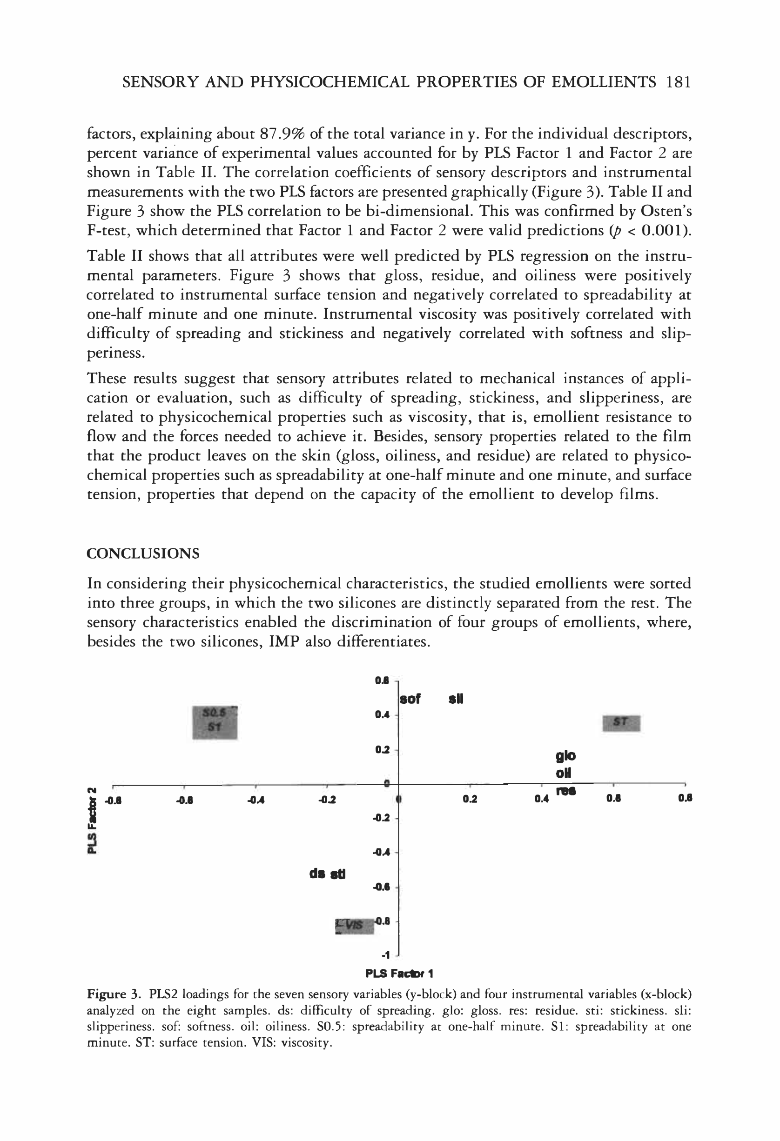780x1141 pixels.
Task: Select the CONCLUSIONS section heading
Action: pos(143,554)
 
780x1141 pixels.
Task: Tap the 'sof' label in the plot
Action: pos(410,699)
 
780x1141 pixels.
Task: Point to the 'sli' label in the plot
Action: pos(456,699)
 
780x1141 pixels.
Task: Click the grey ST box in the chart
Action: pos(621,723)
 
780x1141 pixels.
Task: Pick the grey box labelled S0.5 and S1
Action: pos(215,723)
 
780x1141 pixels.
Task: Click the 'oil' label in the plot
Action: pos(564,773)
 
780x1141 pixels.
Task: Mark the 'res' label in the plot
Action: pos(566,791)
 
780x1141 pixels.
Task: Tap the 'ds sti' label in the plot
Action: pos(328,874)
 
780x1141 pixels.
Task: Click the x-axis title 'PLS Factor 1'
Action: pos(399,973)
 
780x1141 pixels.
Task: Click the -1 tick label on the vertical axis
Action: pos(386,955)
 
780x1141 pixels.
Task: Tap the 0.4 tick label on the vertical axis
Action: pos(382,715)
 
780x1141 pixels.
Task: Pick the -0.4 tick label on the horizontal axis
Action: pos(256,800)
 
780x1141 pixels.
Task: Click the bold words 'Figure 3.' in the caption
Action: pos(114,994)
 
